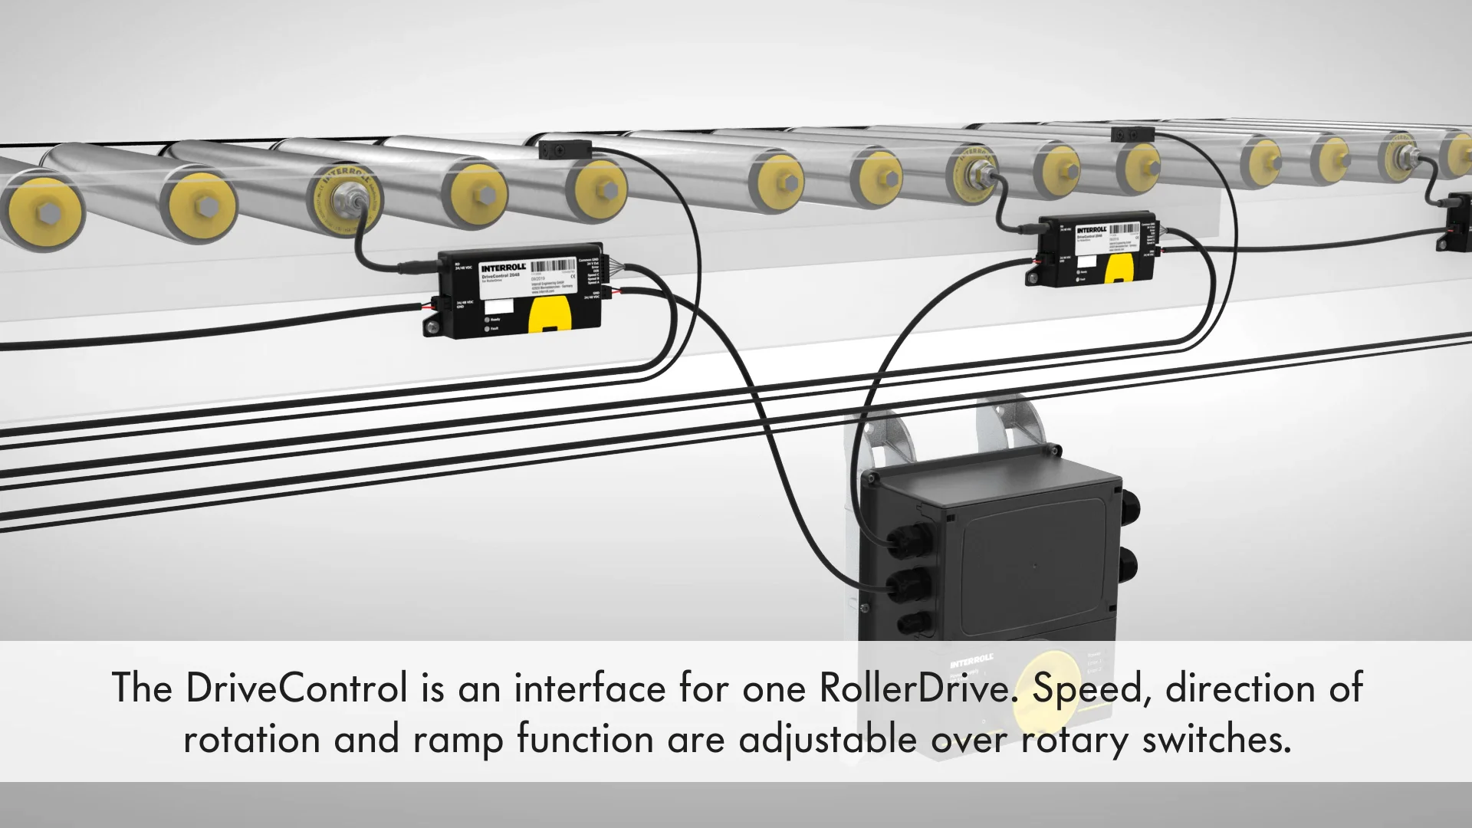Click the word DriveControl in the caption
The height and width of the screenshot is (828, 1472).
pos(296,688)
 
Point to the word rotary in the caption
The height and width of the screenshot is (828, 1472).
pos(1074,739)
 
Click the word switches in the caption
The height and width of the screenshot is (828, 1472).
pos(1216,739)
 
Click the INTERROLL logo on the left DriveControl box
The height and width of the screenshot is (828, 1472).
pos(503,267)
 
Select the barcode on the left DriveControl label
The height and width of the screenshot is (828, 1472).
pos(552,266)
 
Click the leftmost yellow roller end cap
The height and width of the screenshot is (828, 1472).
pos(42,212)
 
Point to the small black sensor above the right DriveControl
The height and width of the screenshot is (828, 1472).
pos(1132,135)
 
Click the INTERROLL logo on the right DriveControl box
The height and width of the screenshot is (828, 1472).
pos(1090,229)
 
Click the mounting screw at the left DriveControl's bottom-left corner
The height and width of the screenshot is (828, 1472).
pos(432,328)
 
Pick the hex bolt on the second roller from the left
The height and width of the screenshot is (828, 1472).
pos(204,207)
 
